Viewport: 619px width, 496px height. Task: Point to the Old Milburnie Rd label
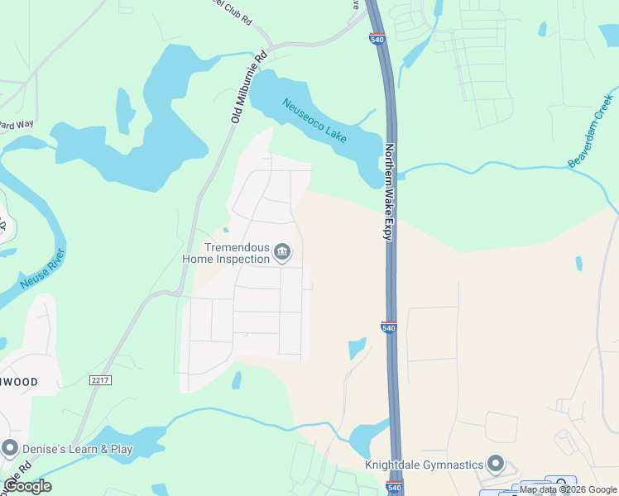tap(249, 87)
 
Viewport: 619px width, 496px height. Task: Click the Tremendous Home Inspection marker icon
tap(282, 252)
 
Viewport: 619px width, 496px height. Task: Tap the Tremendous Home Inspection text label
tap(226, 253)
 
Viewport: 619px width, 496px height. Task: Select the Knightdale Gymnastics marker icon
tap(496, 463)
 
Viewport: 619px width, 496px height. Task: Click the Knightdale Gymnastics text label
tap(425, 464)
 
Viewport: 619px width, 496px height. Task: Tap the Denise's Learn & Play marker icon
tap(10, 449)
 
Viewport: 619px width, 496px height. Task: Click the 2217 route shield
tap(100, 379)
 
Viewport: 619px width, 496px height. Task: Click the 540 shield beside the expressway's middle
tap(390, 327)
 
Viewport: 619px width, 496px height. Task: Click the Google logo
tap(27, 486)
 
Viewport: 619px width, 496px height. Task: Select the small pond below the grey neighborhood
tap(238, 380)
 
